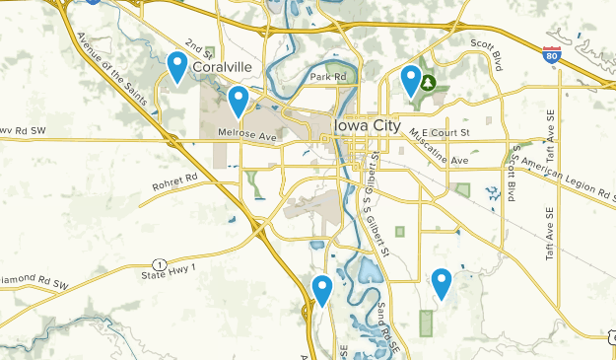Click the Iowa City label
tap(369, 125)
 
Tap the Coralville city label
tap(223, 67)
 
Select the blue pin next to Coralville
tap(177, 66)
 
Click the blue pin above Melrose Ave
tap(238, 101)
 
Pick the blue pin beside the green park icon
tap(411, 80)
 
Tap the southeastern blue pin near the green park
tap(442, 284)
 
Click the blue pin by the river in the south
tap(322, 290)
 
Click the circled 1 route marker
tap(159, 262)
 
